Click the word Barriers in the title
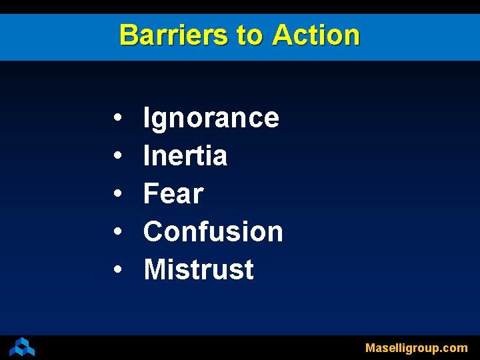point(173,35)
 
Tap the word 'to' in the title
point(249,35)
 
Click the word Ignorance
point(211,119)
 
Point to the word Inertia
point(185,156)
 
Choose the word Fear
point(173,194)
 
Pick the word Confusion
point(213,232)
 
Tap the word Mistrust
point(199,270)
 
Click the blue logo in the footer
point(22,347)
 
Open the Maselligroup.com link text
point(417,348)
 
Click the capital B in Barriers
point(128,35)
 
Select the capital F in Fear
point(151,194)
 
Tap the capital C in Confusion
point(154,232)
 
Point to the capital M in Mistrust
point(156,270)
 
